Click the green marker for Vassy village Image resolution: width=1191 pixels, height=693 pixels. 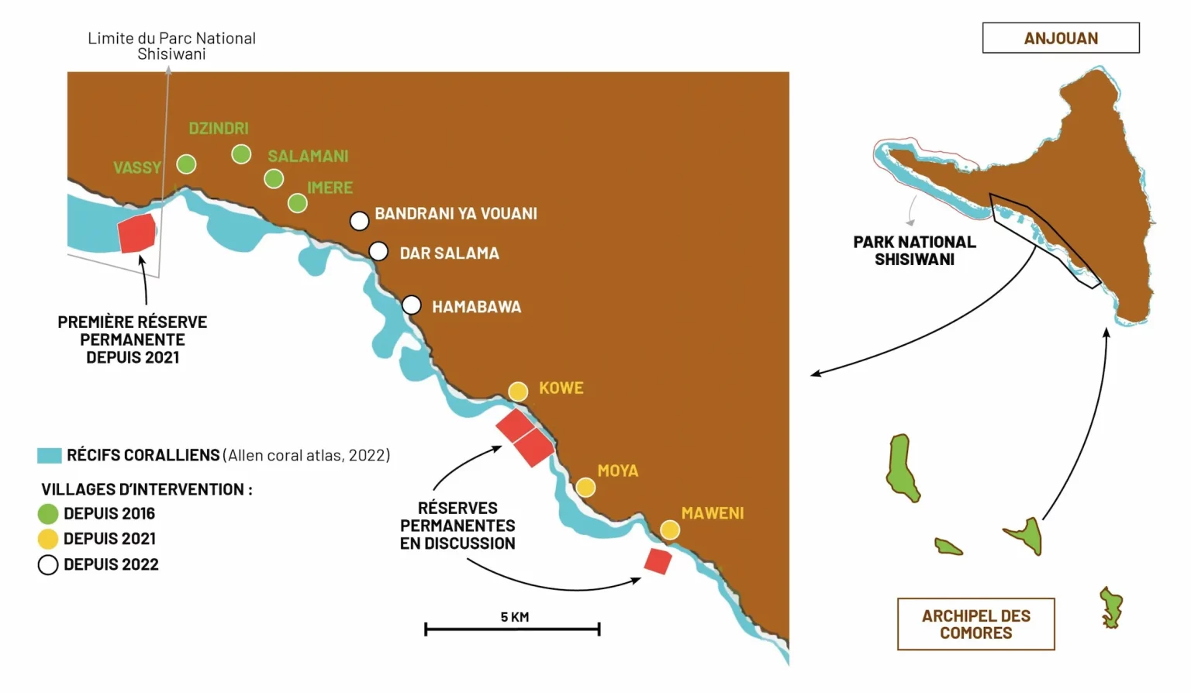point(186,164)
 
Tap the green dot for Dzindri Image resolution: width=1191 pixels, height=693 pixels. point(241,154)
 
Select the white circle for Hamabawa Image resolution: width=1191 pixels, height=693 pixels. point(412,305)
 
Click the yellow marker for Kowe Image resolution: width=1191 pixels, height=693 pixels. point(518,391)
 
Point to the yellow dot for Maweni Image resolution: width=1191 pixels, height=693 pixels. point(670,530)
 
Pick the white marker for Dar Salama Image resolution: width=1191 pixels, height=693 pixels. point(378,251)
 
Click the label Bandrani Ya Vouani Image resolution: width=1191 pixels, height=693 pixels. point(456,214)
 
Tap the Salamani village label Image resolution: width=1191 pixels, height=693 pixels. point(309,157)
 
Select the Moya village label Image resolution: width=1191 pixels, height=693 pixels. point(618,471)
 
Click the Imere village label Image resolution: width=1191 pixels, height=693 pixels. point(330,188)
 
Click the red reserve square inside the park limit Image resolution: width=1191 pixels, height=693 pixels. point(136,233)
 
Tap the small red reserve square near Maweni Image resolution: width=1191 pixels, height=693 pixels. point(658,561)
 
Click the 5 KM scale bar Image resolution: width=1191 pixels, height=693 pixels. point(512,629)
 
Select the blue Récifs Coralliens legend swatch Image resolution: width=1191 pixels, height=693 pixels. point(50,456)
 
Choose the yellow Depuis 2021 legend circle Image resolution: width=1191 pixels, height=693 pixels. point(48,539)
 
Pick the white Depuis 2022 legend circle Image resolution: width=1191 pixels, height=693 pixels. point(48,564)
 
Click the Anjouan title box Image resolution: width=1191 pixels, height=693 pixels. point(1061,38)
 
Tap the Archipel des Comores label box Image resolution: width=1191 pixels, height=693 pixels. point(975,624)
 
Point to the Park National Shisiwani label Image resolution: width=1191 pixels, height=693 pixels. point(914,250)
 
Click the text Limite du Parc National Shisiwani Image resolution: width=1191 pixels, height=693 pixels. point(171,46)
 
